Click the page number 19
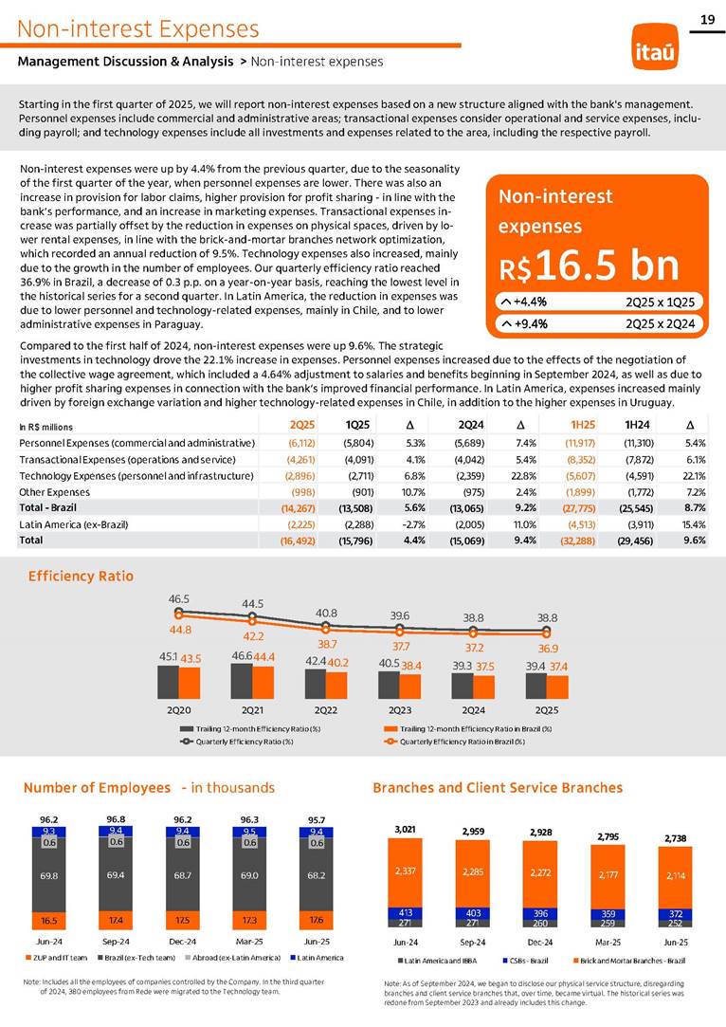tap(706, 19)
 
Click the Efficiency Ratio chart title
tap(81, 576)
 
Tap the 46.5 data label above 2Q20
tap(179, 599)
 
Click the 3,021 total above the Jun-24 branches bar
tap(405, 828)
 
